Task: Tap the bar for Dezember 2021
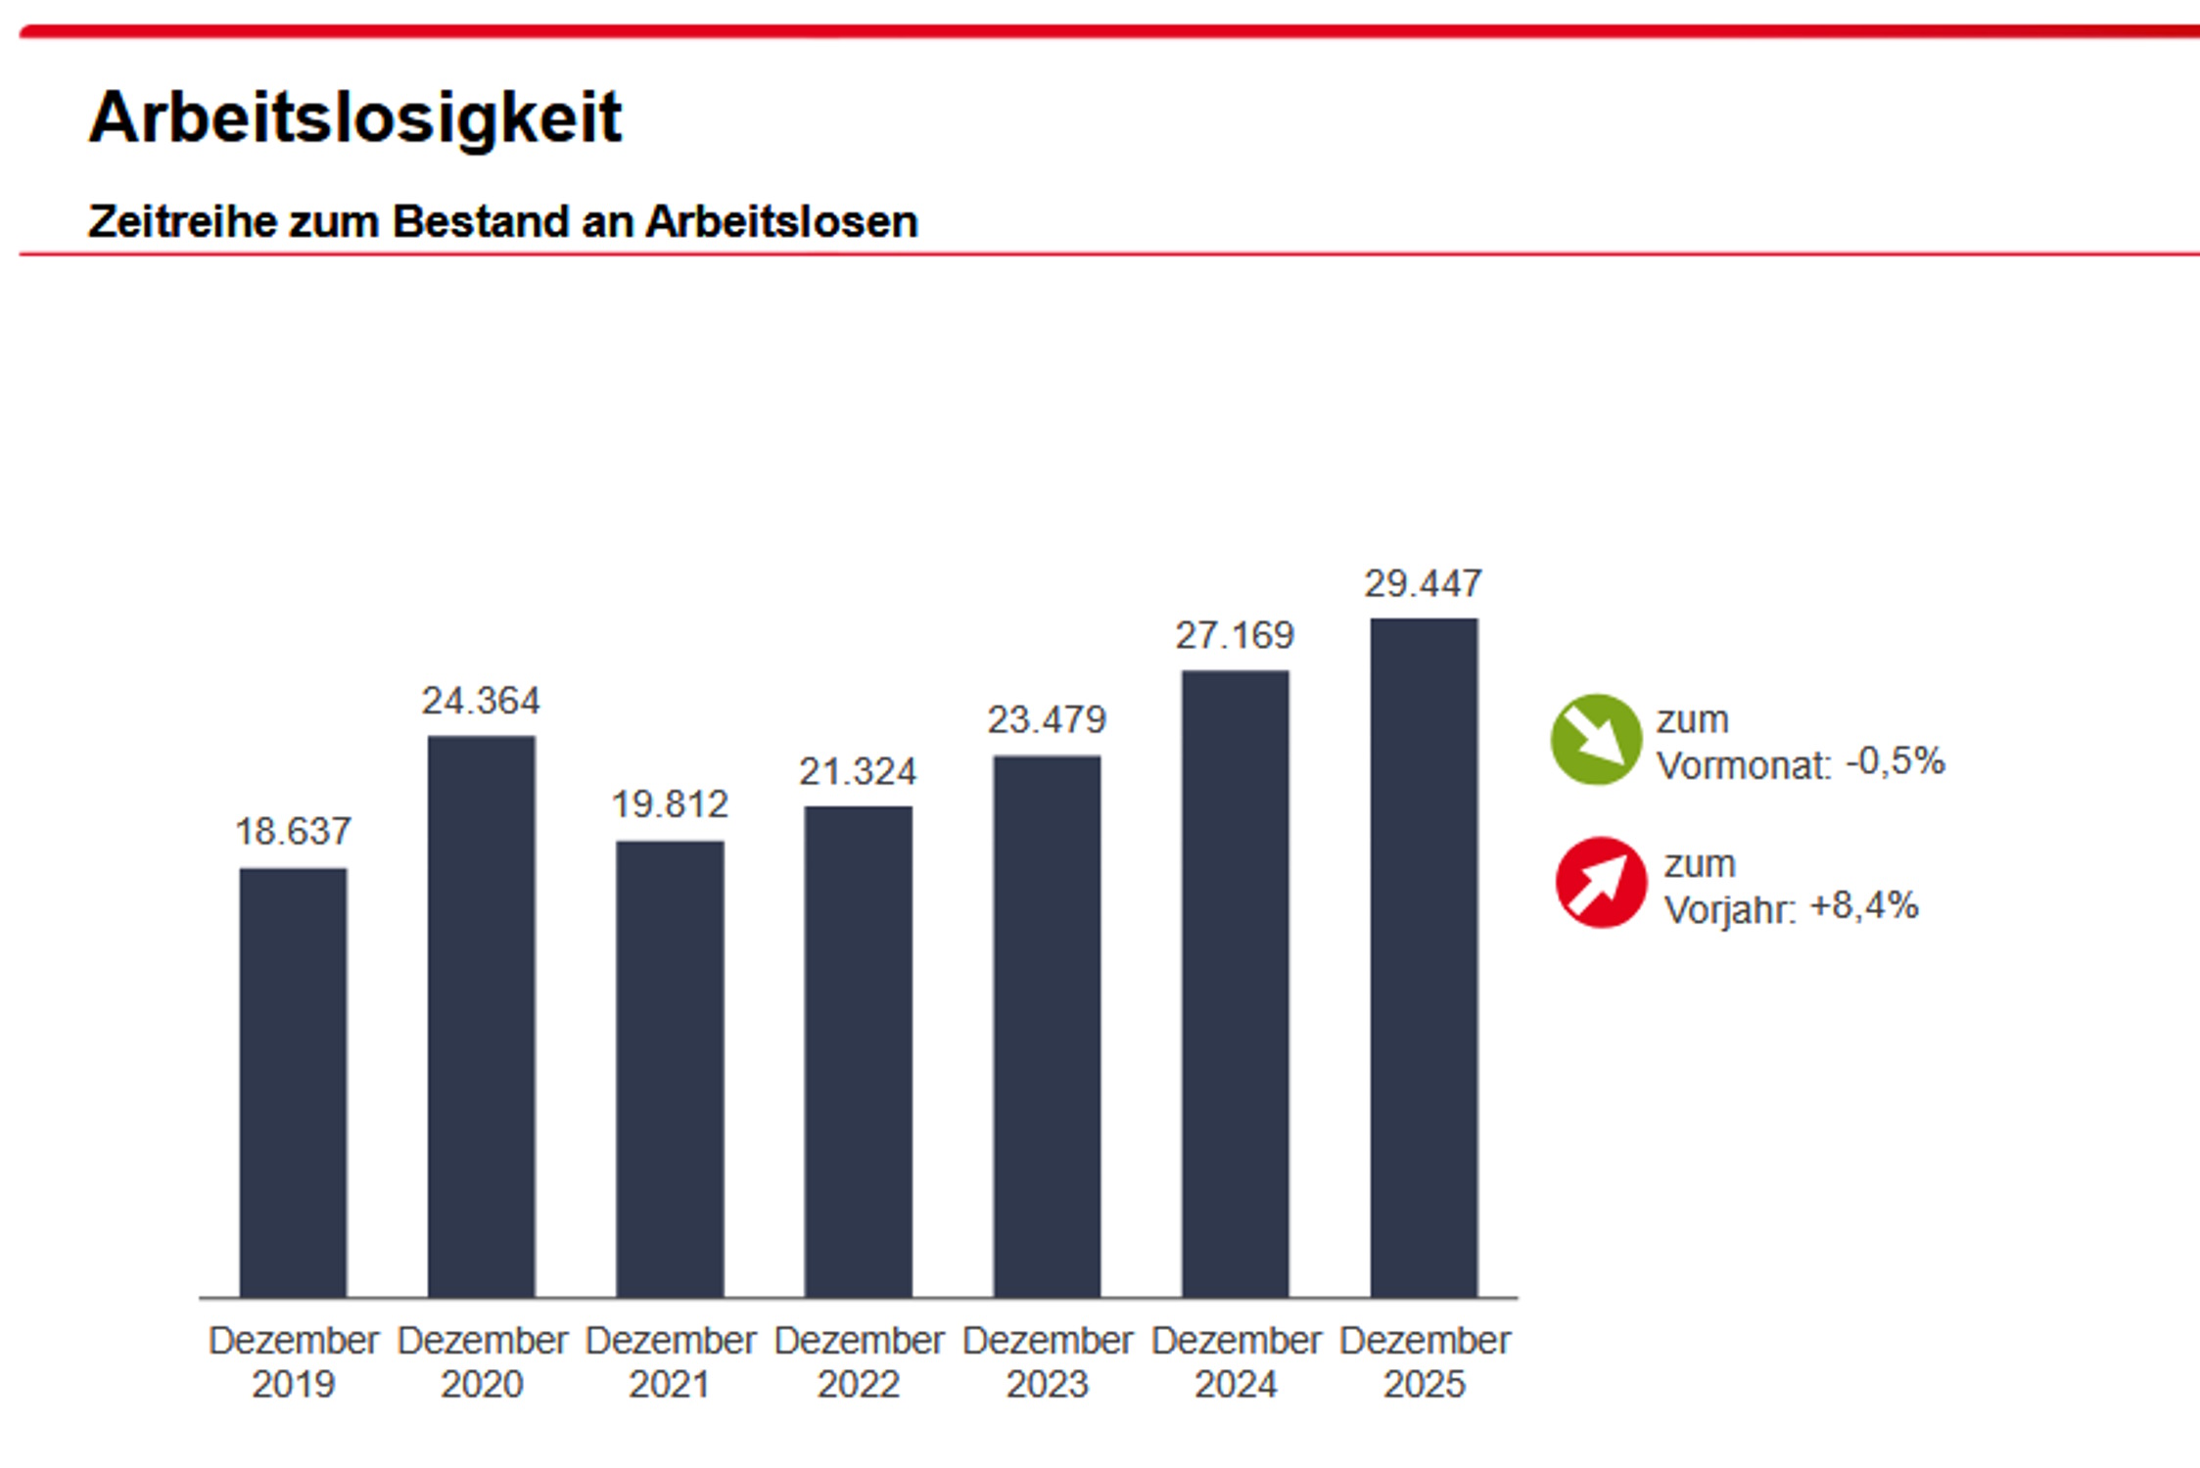[670, 1069]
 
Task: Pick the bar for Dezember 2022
[858, 1051]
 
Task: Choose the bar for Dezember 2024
[1235, 984]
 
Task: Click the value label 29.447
[1424, 584]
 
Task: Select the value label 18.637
[293, 832]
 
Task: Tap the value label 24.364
[481, 701]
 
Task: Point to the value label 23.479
[1047, 720]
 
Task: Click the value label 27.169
[1235, 636]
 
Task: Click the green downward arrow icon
[1596, 740]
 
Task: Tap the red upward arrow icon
[1601, 883]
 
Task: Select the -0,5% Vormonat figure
[1895, 761]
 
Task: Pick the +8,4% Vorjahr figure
[1864, 906]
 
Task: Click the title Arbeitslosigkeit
[355, 117]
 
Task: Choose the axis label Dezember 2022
[858, 1361]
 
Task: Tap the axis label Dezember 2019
[293, 1361]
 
